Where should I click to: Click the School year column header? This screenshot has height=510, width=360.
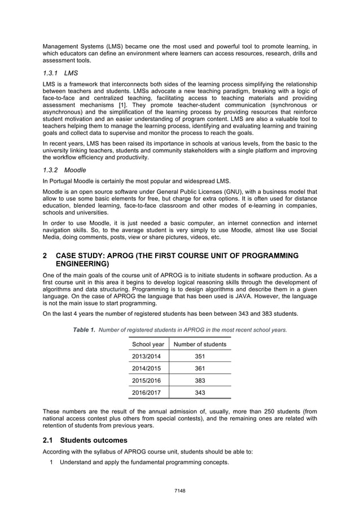[x=148, y=344]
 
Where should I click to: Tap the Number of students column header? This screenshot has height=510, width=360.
[x=200, y=344]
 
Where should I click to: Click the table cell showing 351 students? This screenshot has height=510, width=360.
[x=200, y=356]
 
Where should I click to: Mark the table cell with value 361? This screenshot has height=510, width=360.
[x=200, y=369]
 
